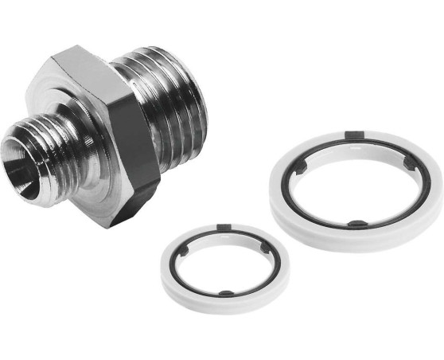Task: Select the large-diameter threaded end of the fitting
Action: click(x=171, y=96)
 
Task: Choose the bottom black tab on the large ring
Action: click(x=358, y=225)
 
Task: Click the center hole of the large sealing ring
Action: click(x=353, y=183)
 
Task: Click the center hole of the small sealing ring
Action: click(x=224, y=263)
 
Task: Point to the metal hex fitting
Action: click(x=111, y=127)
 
